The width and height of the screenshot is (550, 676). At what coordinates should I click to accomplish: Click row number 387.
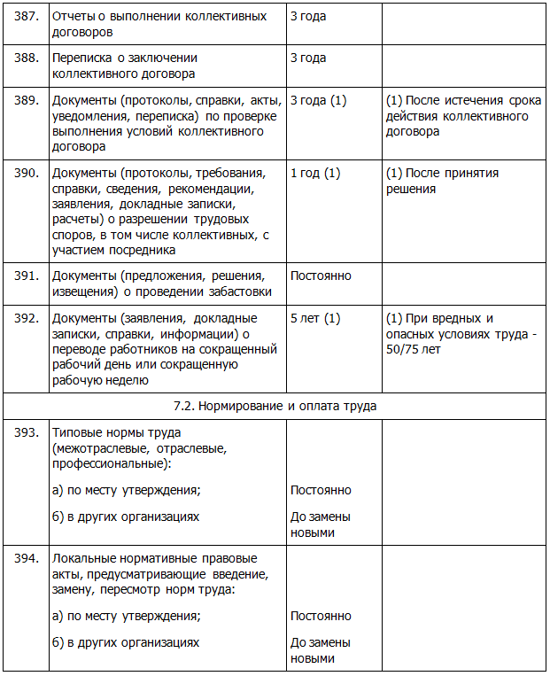click(26, 16)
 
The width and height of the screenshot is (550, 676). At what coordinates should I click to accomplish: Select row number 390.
click(26, 173)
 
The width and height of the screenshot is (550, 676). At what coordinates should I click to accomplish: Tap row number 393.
click(26, 432)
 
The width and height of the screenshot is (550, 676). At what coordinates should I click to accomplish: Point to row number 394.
click(26, 558)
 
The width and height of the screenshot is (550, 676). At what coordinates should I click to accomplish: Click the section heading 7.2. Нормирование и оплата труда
click(275, 407)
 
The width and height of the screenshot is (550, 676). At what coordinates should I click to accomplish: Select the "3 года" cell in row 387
click(308, 16)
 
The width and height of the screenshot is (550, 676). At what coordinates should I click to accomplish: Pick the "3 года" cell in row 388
click(308, 58)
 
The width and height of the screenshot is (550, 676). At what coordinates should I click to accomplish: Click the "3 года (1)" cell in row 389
click(318, 101)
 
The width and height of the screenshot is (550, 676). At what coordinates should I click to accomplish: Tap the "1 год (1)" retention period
click(314, 173)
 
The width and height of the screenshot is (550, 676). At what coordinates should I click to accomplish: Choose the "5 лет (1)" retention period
click(314, 318)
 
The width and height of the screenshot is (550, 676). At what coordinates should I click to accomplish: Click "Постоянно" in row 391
click(321, 276)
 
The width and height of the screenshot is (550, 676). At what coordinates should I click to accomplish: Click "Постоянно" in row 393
click(321, 490)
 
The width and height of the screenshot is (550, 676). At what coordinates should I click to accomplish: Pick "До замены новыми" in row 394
click(320, 650)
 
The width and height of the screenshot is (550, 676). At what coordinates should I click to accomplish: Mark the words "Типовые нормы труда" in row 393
click(117, 432)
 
